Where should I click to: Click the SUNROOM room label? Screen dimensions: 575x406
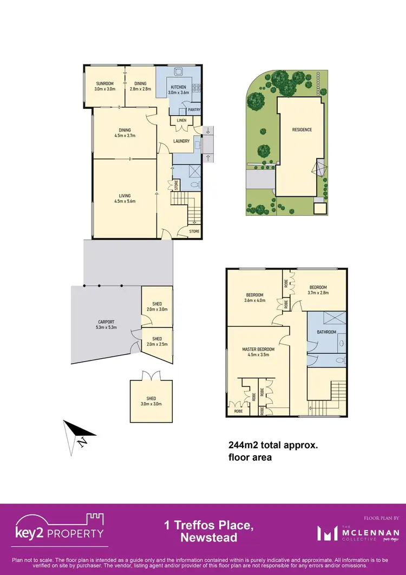pyautogui.click(x=104, y=83)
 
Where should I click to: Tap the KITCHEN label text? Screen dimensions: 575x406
pyautogui.click(x=178, y=87)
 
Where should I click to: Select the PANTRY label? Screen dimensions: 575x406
pyautogui.click(x=194, y=110)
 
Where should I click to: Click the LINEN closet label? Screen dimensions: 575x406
pyautogui.click(x=181, y=120)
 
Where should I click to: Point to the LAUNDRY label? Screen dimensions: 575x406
pyautogui.click(x=181, y=141)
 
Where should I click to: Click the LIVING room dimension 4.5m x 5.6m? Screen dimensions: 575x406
pyautogui.click(x=125, y=201)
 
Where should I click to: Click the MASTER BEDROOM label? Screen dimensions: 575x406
pyautogui.click(x=258, y=350)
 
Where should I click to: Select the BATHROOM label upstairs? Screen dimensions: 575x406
pyautogui.click(x=326, y=332)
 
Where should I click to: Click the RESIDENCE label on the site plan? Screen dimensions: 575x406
pyautogui.click(x=302, y=130)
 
